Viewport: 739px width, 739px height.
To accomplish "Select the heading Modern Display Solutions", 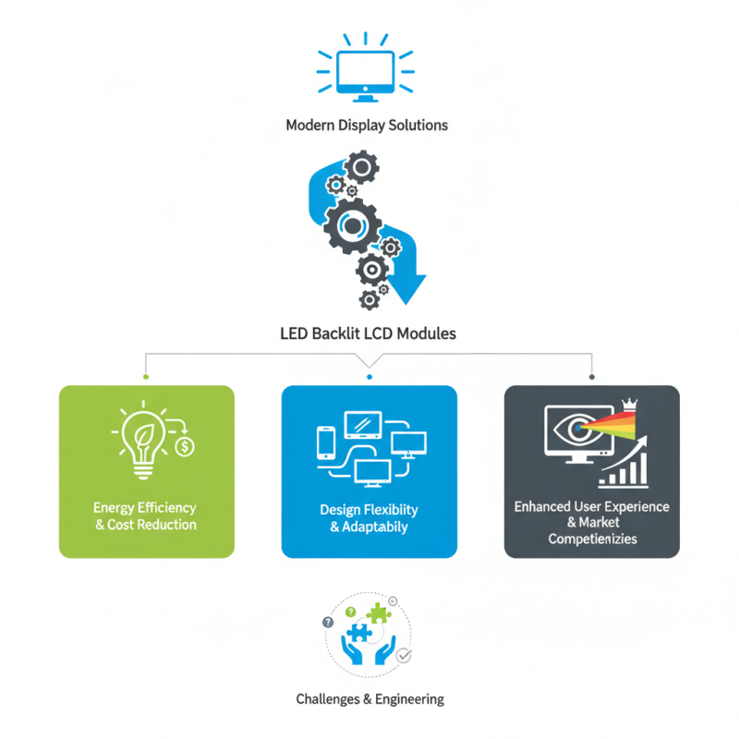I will [368, 125].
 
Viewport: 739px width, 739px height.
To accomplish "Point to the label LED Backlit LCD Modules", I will [368, 333].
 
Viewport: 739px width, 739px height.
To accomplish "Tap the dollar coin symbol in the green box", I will [185, 447].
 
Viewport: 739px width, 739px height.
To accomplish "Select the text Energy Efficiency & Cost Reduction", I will [146, 516].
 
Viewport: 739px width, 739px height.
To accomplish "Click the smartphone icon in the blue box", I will [324, 442].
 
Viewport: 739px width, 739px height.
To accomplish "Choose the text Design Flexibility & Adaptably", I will [369, 518].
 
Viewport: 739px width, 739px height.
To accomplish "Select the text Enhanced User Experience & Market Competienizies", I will [592, 522].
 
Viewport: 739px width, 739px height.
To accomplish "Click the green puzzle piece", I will [380, 613].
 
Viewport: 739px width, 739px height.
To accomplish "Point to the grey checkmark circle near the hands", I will [404, 656].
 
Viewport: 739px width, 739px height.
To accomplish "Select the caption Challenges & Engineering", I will [369, 699].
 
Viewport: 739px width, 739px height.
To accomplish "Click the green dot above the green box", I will [146, 377].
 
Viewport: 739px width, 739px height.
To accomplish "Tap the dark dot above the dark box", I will [592, 377].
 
